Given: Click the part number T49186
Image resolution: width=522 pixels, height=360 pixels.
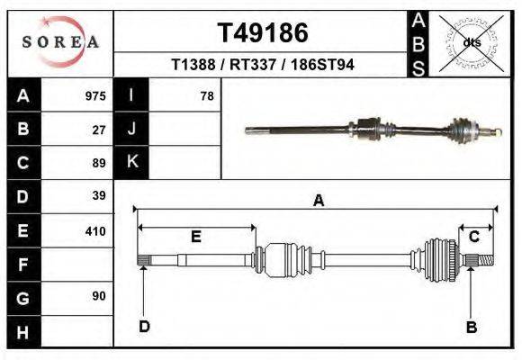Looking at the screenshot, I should (x=263, y=33).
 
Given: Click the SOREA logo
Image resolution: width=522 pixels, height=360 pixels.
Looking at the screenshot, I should (x=60, y=41).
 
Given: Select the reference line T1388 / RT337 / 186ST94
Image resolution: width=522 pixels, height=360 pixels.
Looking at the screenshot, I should (x=263, y=65).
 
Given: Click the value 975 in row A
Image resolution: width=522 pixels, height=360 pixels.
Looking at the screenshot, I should (x=94, y=96).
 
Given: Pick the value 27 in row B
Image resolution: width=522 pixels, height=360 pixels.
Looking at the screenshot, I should (x=99, y=130).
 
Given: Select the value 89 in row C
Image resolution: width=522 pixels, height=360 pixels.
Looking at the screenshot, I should (x=99, y=163).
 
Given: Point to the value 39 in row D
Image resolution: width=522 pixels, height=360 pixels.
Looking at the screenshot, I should (x=99, y=196).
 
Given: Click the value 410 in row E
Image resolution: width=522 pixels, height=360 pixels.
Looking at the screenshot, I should (x=94, y=230).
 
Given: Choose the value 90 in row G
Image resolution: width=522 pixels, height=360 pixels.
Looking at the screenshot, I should (x=99, y=296).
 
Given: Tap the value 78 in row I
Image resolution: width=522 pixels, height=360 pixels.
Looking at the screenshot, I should (x=206, y=96).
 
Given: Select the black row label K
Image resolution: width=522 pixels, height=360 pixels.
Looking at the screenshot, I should (x=131, y=163).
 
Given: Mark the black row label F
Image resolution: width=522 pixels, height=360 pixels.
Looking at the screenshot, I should (x=22, y=265).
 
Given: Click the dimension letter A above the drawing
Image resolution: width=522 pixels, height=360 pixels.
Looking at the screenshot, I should (x=318, y=202).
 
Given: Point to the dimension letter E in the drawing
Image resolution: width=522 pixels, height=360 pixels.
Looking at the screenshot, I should (x=195, y=237).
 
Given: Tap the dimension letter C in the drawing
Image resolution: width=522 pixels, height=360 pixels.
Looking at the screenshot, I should (x=473, y=237).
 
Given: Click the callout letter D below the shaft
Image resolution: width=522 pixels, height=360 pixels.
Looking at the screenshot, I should (x=144, y=326).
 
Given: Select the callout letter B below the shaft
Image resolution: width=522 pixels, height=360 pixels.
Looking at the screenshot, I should (x=471, y=327).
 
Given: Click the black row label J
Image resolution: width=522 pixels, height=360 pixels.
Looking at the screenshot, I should (x=131, y=130).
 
